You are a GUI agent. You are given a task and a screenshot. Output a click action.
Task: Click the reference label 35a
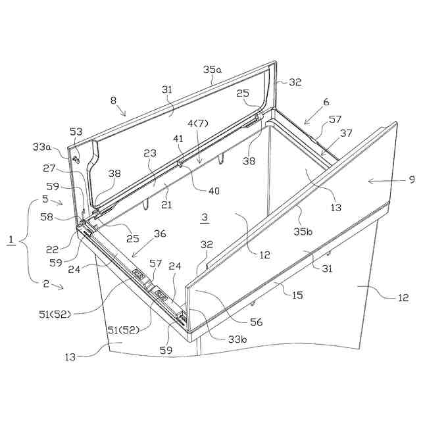pos(212,69)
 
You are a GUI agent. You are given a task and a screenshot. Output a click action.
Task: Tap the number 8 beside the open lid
pos(113,101)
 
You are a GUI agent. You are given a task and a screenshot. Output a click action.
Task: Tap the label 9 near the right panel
pos(412,179)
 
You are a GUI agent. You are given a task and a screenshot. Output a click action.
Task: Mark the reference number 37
pos(347,134)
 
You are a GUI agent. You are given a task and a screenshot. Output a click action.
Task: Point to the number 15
pos(297,295)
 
